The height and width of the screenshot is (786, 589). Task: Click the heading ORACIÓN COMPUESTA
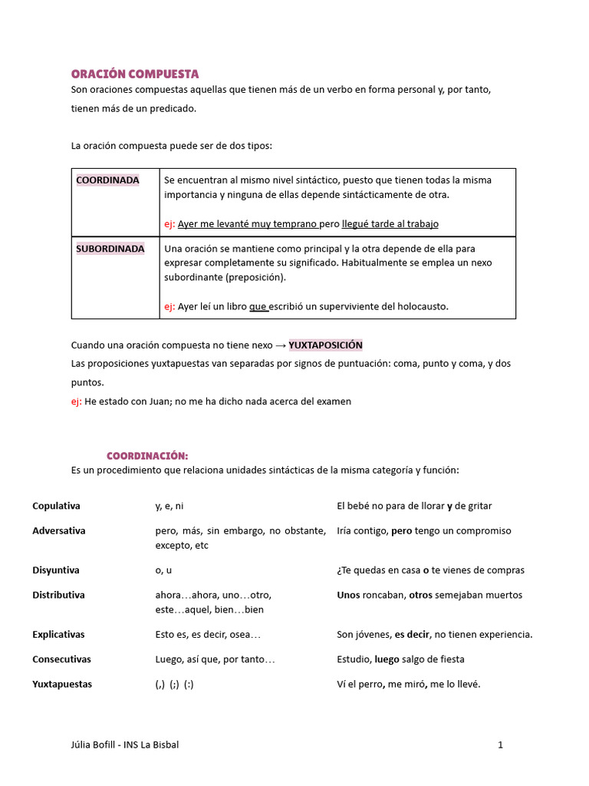coord(135,74)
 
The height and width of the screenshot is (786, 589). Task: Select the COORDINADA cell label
coord(107,180)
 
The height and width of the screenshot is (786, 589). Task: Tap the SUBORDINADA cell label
coord(110,249)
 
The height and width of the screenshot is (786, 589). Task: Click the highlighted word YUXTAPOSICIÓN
coord(325,345)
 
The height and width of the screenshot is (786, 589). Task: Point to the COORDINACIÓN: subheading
coord(147,456)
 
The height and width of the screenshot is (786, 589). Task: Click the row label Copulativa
coord(56,506)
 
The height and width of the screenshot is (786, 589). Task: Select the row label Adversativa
coord(59,530)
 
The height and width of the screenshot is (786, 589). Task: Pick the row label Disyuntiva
coord(56,570)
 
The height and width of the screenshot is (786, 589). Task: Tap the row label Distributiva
coord(58,595)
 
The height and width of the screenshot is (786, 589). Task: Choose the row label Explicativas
coord(58,635)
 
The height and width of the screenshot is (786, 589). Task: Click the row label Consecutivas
coord(61,659)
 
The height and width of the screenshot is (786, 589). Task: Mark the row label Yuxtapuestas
coord(62,684)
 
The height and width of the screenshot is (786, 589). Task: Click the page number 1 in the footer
coord(500,745)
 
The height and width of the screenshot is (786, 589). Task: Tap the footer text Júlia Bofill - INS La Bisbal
coord(124,745)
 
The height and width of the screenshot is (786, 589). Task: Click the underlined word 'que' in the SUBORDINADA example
coord(258,306)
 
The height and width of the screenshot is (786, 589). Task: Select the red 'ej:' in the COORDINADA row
coord(169,224)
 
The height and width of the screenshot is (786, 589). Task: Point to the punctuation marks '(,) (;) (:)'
coord(174,684)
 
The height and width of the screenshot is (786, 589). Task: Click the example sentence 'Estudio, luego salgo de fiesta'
coord(400,659)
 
